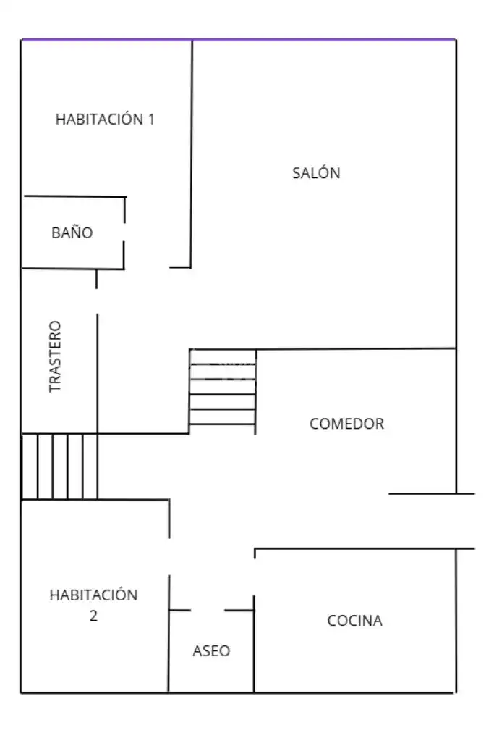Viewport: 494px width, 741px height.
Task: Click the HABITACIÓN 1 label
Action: coord(105,119)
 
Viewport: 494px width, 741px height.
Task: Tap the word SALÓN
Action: coord(316,173)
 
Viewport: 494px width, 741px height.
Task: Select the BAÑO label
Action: coord(72,232)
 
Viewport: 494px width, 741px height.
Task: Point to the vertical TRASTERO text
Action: coord(55,356)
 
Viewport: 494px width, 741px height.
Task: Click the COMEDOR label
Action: coord(346,424)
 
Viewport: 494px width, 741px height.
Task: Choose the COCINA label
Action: coord(355,621)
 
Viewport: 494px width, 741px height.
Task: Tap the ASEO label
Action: coord(211,650)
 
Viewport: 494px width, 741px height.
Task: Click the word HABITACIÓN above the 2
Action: coord(93,595)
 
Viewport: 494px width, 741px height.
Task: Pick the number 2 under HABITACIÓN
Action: coord(93,616)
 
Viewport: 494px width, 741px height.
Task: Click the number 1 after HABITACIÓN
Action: coord(151,119)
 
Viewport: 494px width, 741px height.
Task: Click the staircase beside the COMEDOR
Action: coord(222,391)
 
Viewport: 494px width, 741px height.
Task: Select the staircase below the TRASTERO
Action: coord(59,466)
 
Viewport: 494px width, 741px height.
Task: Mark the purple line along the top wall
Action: coord(239,40)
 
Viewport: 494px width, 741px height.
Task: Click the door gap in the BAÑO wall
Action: coord(124,232)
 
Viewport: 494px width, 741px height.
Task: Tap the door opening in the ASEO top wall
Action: coord(208,610)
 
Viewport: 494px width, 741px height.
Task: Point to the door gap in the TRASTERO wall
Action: coord(97,301)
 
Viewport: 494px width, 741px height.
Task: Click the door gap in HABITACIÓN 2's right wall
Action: coord(169,557)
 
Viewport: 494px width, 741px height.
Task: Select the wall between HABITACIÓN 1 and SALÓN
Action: coord(192,154)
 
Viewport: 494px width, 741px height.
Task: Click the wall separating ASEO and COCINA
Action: coord(254,644)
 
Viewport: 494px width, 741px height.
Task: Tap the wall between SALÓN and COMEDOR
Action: coord(357,349)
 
